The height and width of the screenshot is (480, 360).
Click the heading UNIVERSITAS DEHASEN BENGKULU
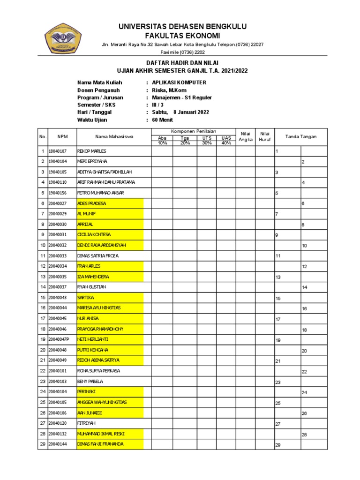[182, 26]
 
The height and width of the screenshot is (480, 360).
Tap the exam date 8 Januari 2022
[191, 112]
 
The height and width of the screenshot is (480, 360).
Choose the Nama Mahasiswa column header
[114, 137]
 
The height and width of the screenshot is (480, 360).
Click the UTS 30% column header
[207, 140]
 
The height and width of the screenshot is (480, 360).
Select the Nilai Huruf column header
[265, 136]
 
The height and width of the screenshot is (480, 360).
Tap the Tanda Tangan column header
[301, 137]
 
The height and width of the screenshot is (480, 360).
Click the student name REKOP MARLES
[92, 151]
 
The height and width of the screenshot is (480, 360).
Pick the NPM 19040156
[58, 193]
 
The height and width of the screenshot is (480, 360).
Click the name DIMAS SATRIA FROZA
[98, 255]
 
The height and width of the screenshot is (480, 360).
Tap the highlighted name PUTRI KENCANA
[93, 350]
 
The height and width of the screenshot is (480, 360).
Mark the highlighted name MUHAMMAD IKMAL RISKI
[101, 434]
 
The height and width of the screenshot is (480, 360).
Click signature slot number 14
[314, 287]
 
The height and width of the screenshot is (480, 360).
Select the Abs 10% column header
[162, 140]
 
